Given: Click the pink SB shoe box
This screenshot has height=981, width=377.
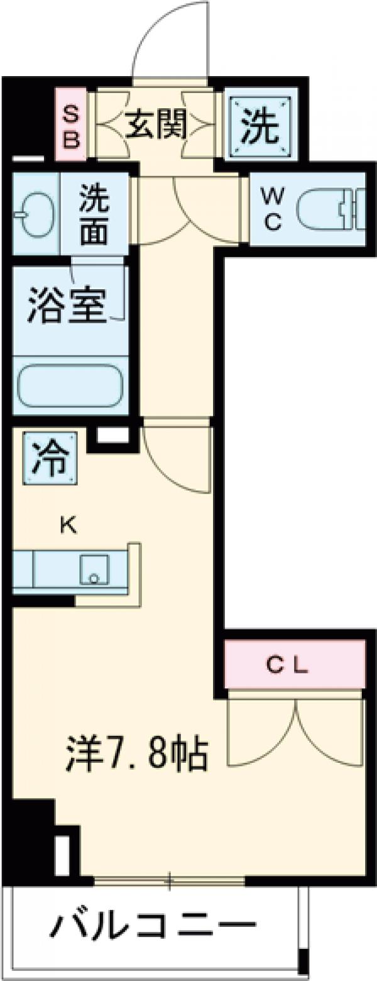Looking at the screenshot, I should tap(72, 125).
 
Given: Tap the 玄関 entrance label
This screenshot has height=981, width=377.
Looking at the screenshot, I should tap(156, 125).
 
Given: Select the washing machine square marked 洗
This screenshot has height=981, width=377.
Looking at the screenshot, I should tap(260, 126).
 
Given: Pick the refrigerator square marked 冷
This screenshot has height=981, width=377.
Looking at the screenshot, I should tap(50, 458).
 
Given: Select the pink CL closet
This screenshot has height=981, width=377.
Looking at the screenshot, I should tap(295, 664).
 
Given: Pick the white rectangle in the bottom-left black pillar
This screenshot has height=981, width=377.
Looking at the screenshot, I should tap(63, 855).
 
